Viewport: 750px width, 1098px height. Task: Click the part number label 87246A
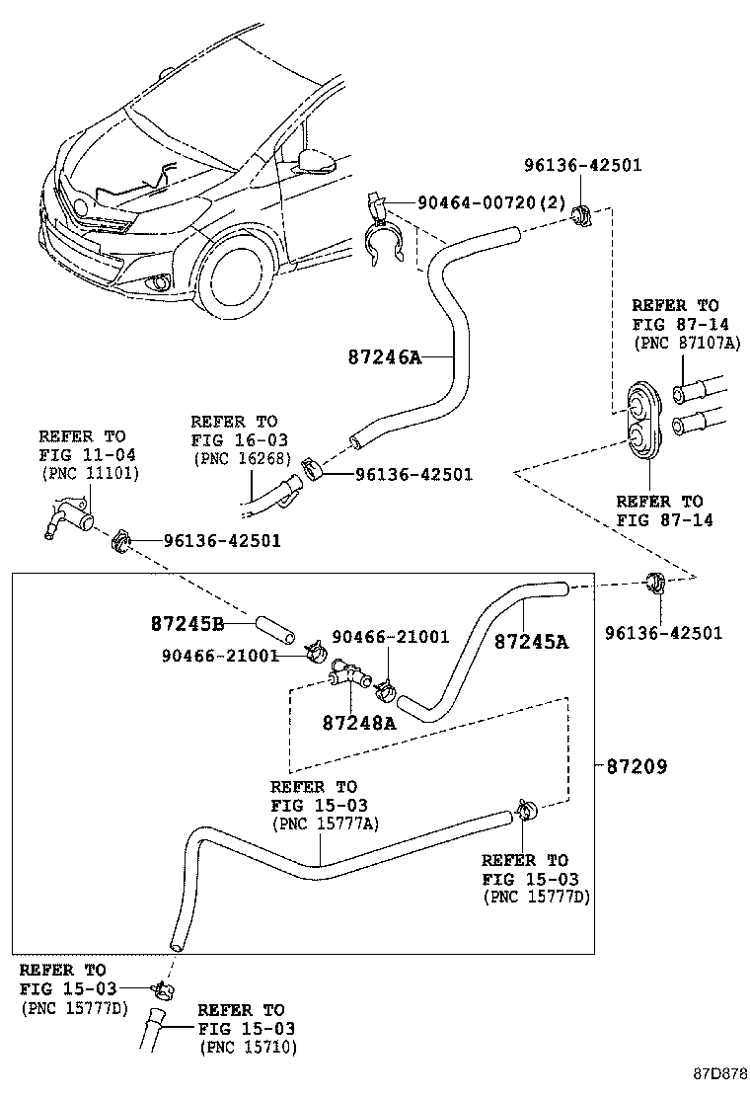[x=383, y=356]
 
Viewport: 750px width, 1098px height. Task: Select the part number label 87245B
[x=187, y=624]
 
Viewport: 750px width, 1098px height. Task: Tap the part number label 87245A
[x=531, y=641]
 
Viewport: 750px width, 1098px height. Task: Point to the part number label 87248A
[x=358, y=722]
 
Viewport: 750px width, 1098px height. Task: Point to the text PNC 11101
[x=90, y=473]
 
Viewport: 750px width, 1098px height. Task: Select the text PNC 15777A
[x=325, y=823]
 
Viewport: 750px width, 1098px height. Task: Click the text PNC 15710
[x=247, y=1046]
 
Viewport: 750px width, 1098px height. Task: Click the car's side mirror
[x=318, y=158]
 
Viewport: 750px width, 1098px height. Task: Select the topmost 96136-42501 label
[x=582, y=165]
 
